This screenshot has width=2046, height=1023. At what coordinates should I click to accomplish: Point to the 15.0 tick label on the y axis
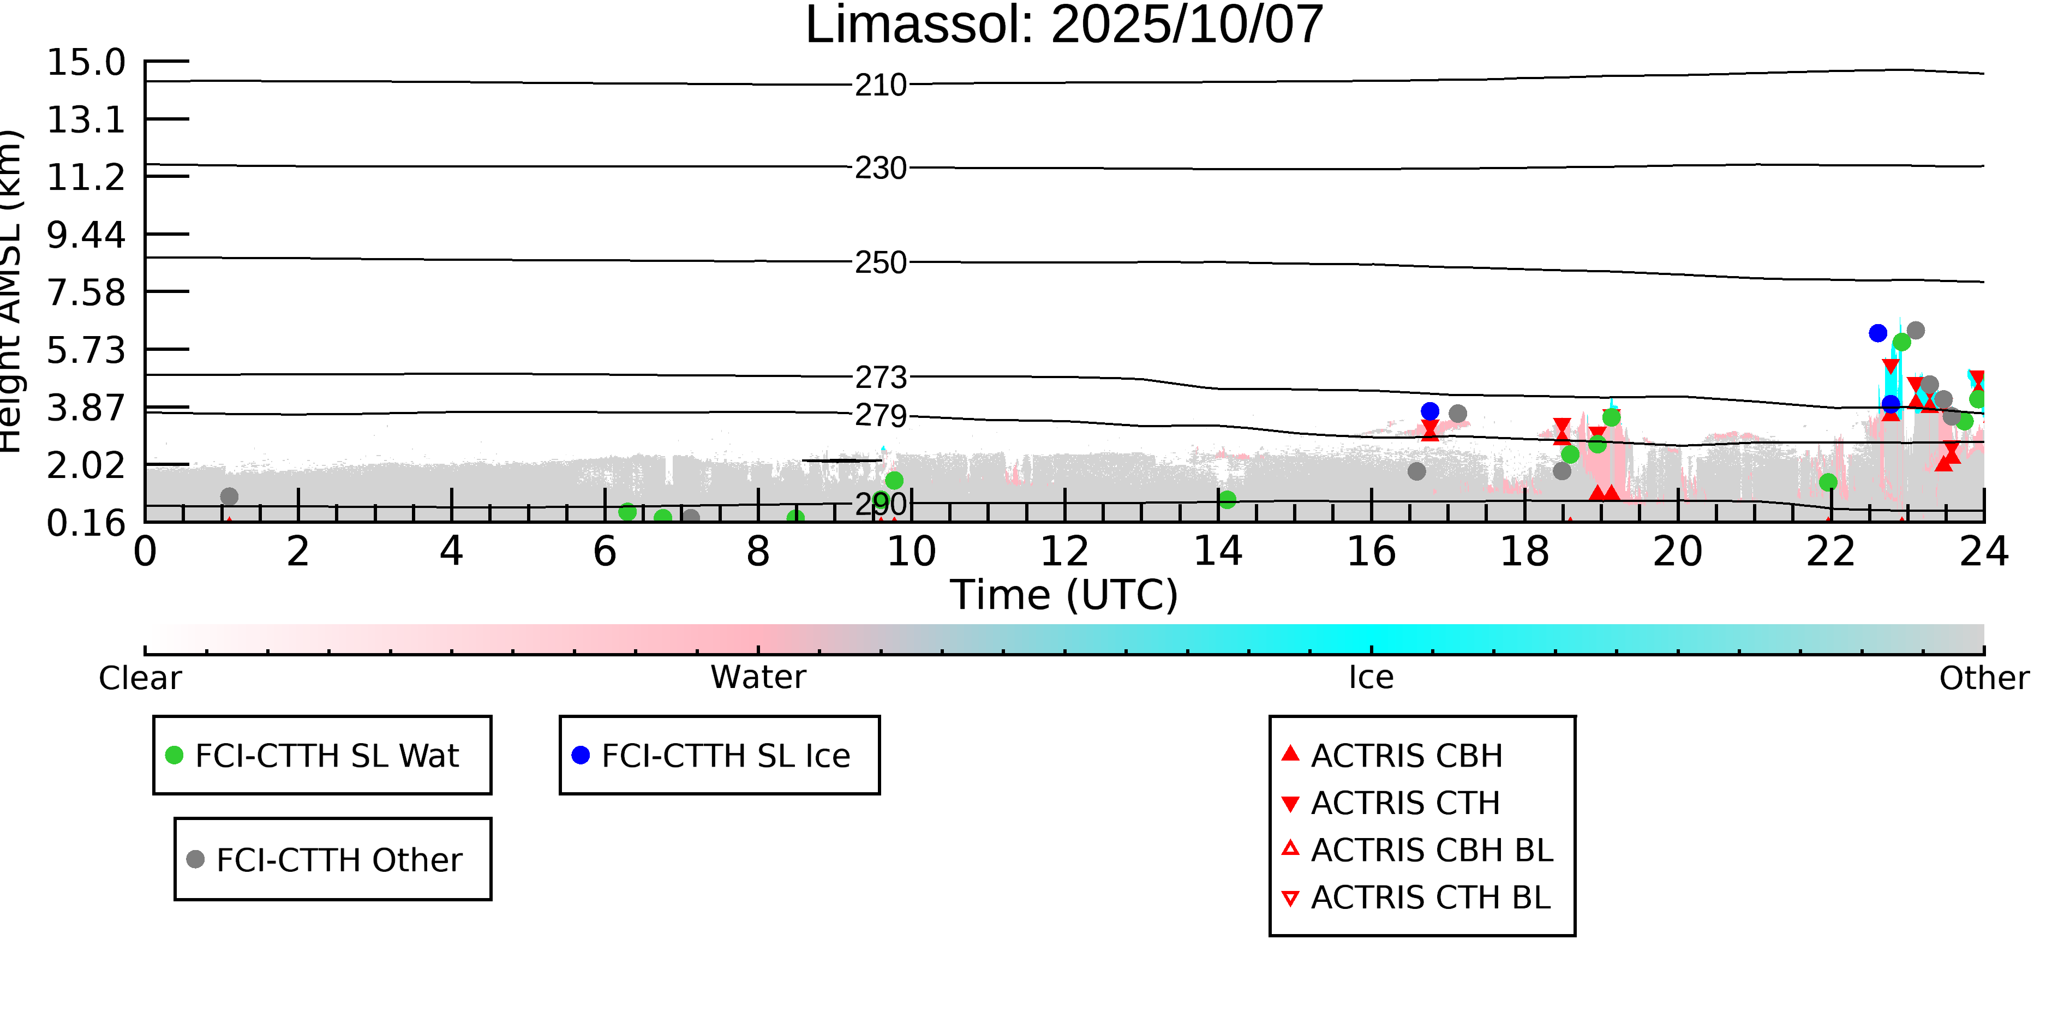pyautogui.click(x=86, y=62)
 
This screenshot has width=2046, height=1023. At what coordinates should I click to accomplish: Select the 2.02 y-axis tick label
pyautogui.click(x=86, y=465)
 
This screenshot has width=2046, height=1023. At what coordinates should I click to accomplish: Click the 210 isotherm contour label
pyautogui.click(x=880, y=85)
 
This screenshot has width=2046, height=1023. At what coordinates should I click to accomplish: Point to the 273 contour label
pyautogui.click(x=880, y=377)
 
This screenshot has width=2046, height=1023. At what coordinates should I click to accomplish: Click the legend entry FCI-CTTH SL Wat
pyautogui.click(x=326, y=755)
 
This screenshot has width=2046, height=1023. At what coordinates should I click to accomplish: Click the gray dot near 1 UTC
pyautogui.click(x=229, y=496)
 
